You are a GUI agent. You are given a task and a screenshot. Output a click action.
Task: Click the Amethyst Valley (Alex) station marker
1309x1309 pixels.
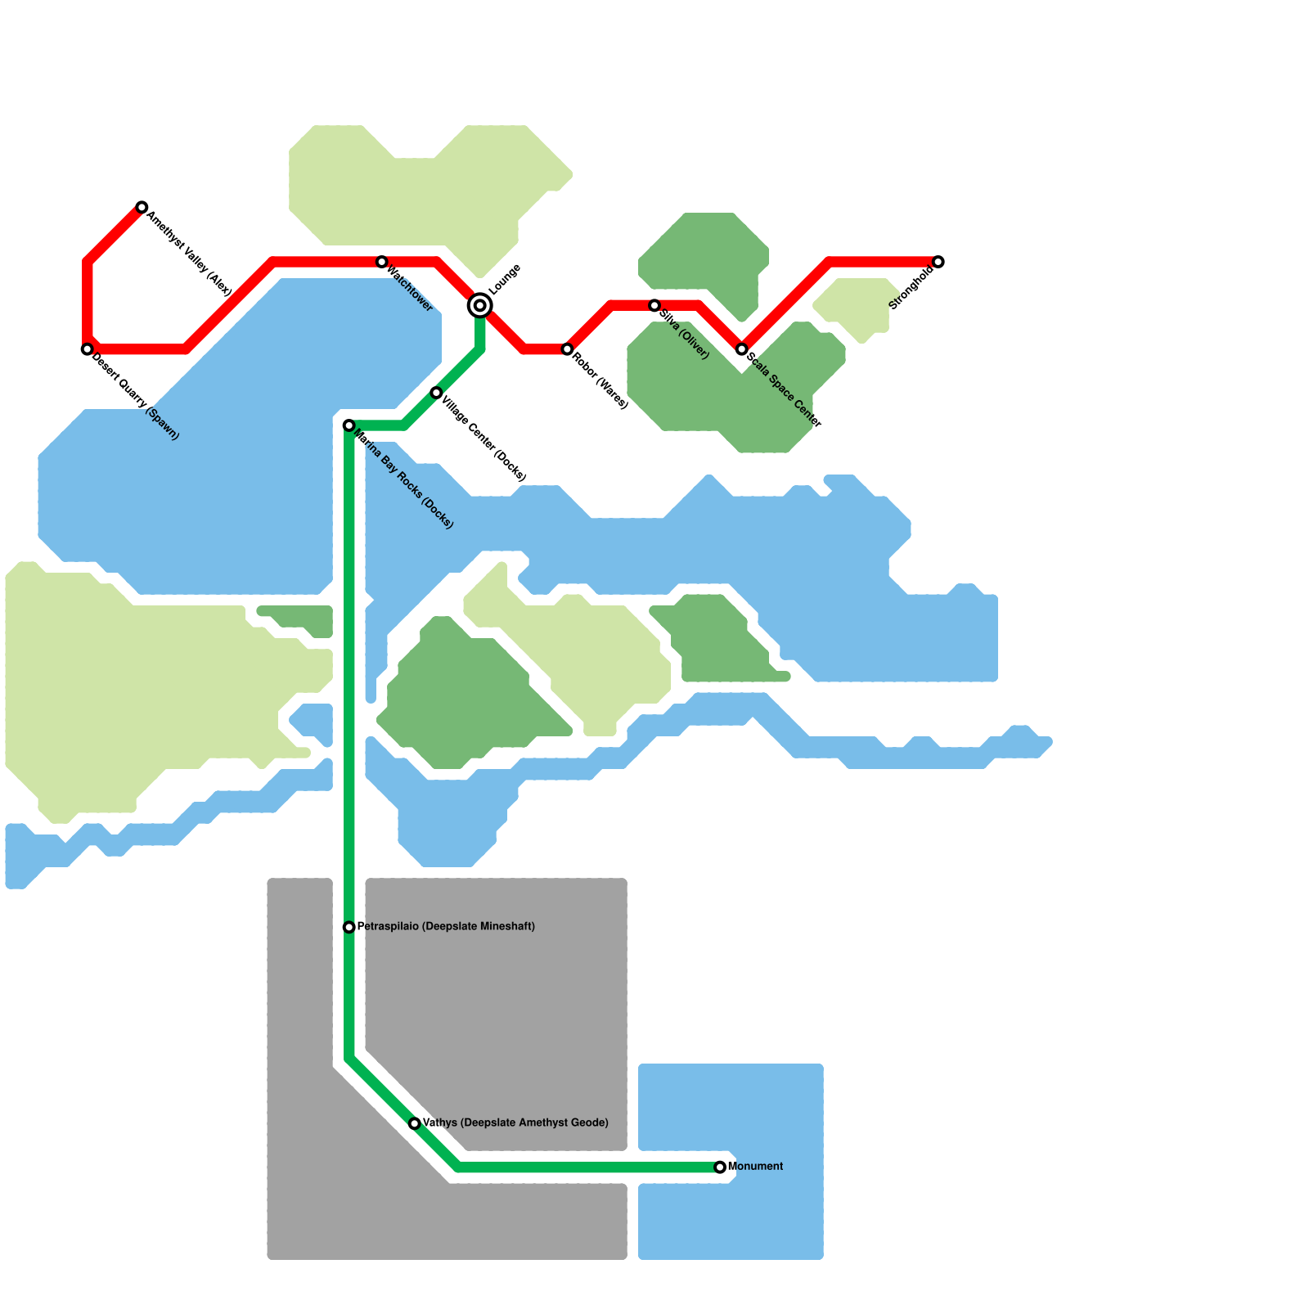142,207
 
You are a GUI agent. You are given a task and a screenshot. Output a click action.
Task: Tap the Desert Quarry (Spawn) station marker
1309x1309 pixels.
87,349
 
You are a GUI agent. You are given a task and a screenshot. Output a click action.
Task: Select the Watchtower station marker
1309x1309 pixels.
382,262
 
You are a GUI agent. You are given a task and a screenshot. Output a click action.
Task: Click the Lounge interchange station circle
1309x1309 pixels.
480,306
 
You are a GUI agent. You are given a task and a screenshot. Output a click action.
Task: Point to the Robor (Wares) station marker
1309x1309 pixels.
567,349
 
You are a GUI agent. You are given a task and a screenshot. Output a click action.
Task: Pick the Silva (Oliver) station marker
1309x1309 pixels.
654,305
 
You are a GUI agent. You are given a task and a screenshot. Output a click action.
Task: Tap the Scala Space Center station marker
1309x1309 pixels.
741,349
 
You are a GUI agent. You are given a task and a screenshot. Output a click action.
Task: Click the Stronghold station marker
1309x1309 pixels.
938,262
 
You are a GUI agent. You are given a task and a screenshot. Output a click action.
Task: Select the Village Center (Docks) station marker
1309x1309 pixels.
436,393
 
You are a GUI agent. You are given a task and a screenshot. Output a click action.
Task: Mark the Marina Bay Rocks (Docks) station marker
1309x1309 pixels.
349,425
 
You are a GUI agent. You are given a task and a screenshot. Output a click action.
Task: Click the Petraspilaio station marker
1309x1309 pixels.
349,927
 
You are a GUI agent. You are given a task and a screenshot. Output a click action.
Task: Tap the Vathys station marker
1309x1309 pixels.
415,1123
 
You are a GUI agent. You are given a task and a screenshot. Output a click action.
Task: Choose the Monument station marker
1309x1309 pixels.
720,1167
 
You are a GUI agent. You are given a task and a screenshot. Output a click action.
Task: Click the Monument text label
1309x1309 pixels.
756,1167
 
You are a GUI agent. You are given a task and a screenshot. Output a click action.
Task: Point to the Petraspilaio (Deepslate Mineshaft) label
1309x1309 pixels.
447,927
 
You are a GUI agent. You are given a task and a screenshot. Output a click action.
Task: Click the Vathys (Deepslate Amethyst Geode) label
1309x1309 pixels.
516,1123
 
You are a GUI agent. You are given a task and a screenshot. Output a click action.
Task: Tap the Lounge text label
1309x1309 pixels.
505,280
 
